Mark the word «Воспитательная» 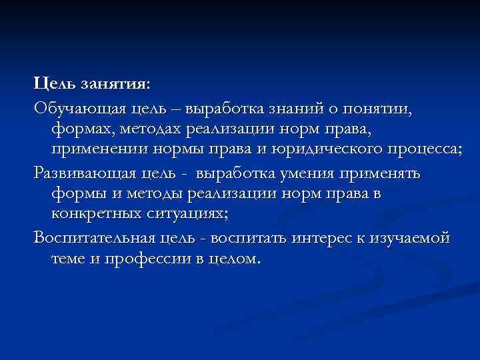pyautogui.click(x=93, y=237)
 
